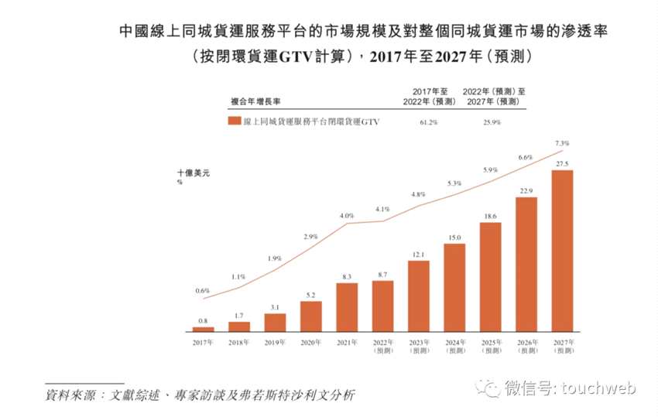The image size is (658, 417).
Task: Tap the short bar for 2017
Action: click(x=203, y=329)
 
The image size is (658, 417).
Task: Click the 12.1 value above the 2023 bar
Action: click(x=418, y=255)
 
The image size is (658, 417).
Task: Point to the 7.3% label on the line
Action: click(x=563, y=143)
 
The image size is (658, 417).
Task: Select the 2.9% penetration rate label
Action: click(x=310, y=236)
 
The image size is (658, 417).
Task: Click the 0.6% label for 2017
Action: click(x=202, y=291)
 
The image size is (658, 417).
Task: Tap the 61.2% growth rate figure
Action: click(x=430, y=122)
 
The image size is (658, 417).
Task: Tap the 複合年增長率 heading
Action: click(x=255, y=101)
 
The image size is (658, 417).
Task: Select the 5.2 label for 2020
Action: click(x=310, y=295)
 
